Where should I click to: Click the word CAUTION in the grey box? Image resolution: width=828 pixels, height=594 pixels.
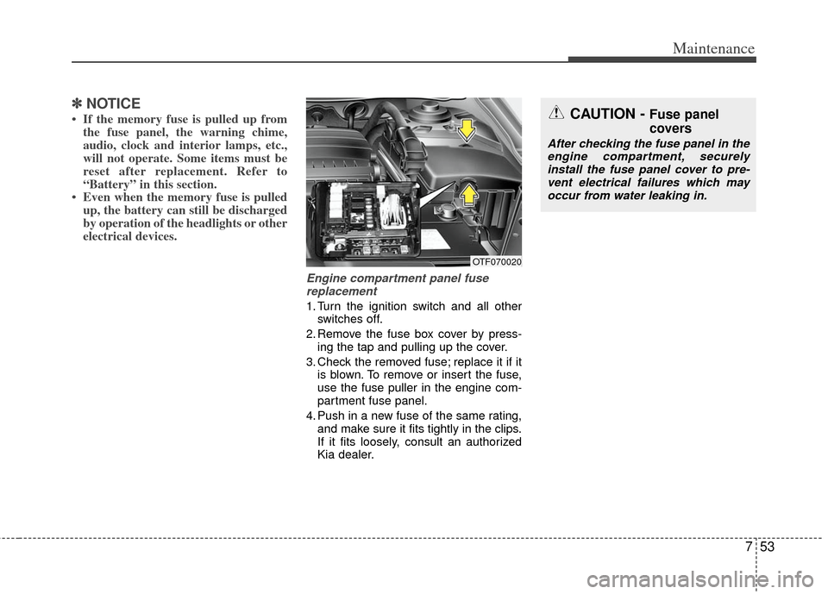605,114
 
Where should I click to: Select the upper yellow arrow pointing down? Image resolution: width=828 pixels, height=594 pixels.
467,128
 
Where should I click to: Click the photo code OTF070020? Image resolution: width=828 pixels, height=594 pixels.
496,260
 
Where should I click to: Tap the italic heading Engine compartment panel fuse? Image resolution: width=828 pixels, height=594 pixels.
397,278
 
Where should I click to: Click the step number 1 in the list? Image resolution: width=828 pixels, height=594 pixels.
310,307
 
